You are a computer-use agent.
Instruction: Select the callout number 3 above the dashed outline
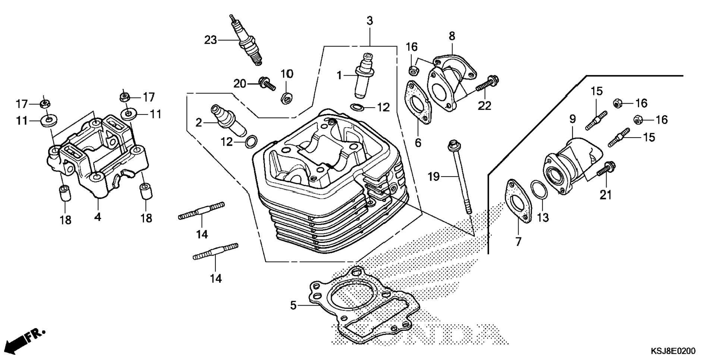[369, 21]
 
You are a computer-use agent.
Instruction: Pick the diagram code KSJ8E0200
[673, 351]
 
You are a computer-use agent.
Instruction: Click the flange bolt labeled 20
[266, 83]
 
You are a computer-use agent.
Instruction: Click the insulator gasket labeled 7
[518, 201]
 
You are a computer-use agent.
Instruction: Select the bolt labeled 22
[487, 84]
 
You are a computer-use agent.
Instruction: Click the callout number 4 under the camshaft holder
[97, 217]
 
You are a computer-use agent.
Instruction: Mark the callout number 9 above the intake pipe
[572, 119]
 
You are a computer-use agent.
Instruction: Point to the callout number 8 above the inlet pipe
[452, 36]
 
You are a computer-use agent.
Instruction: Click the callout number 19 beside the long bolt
[434, 176]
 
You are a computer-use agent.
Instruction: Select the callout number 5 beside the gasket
[293, 306]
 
